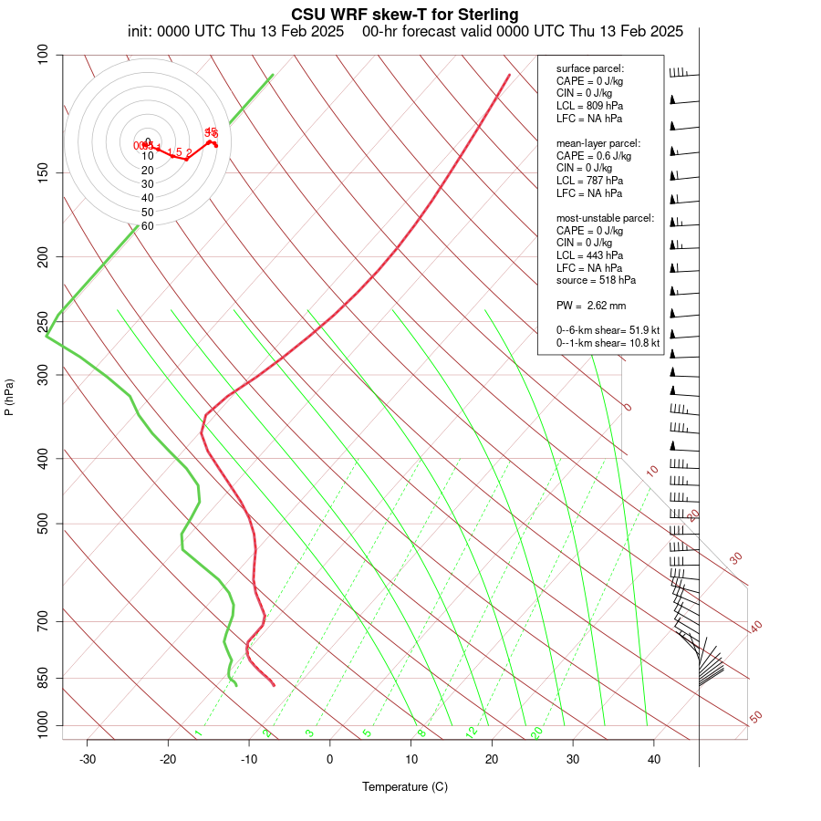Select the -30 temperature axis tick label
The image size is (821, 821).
[x=88, y=759]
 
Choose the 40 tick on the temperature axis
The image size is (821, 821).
[x=654, y=759]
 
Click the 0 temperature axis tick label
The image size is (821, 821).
[x=330, y=759]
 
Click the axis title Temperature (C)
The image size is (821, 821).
[x=405, y=786]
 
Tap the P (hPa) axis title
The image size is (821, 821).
[x=9, y=398]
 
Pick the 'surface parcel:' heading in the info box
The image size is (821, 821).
[x=590, y=69]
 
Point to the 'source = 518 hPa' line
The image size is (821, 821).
[x=596, y=280]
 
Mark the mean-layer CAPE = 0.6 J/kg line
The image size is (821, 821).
[x=594, y=156]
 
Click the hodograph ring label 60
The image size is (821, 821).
[x=147, y=225]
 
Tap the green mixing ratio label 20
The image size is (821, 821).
[x=536, y=733]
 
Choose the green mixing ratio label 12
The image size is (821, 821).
[x=472, y=733]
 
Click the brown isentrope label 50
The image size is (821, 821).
[x=755, y=718]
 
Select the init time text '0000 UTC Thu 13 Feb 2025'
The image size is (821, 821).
[x=251, y=31]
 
